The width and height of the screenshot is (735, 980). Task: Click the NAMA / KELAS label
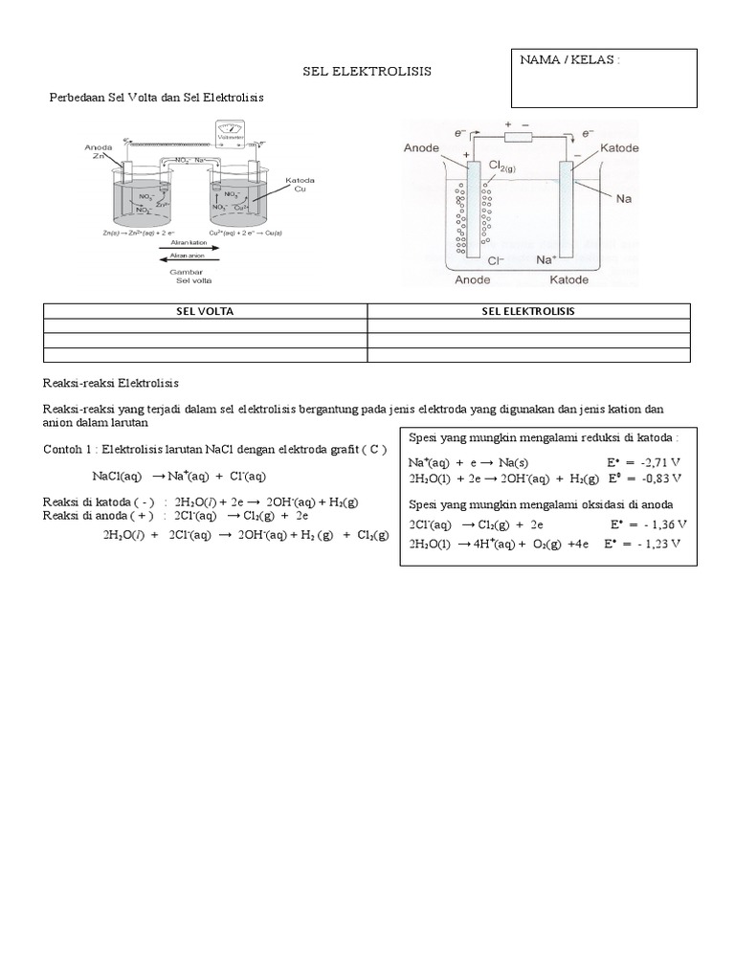pyautogui.click(x=570, y=60)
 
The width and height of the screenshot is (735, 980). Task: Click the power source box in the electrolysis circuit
pyautogui.click(x=518, y=137)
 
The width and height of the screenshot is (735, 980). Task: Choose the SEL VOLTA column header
pyautogui.click(x=206, y=312)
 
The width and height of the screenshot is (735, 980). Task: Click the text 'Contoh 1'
pyautogui.click(x=69, y=450)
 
